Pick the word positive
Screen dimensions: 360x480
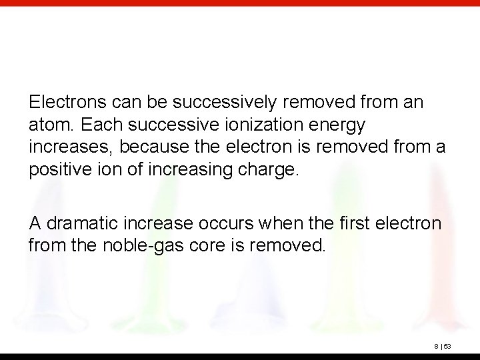[55, 169]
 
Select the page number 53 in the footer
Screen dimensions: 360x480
[448, 346]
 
